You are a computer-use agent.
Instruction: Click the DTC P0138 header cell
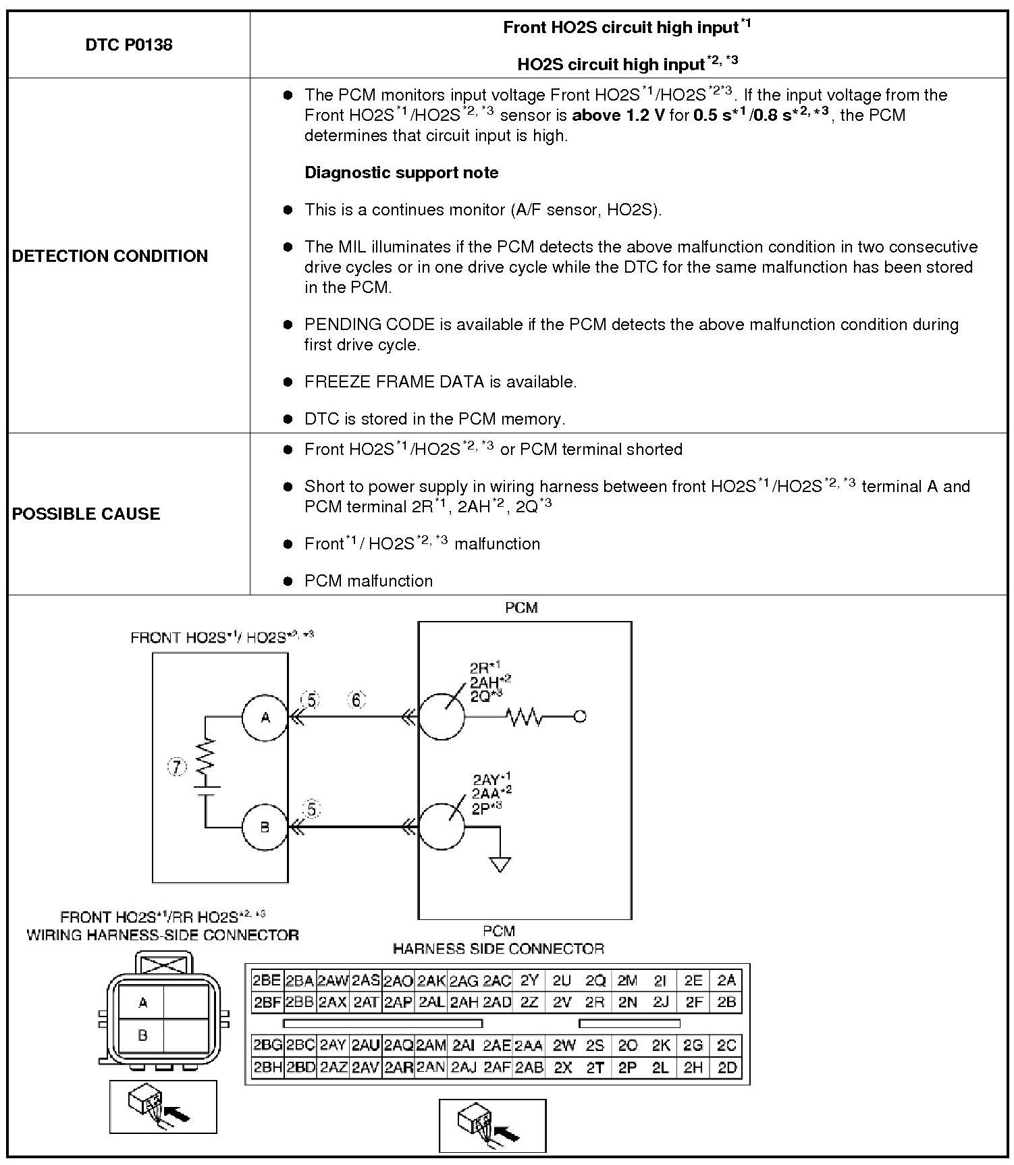[x=129, y=45]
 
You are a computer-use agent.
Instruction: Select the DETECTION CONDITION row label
[x=110, y=256]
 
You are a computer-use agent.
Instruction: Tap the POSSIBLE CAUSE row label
[x=86, y=514]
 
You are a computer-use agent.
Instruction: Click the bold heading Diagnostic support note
[x=401, y=173]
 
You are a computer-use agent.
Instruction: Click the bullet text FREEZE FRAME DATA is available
[x=440, y=382]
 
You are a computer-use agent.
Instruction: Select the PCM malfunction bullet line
[x=368, y=581]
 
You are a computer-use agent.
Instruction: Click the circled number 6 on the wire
[x=356, y=701]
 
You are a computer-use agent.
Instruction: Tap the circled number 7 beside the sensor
[x=177, y=767]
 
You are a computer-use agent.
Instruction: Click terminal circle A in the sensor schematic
[x=265, y=717]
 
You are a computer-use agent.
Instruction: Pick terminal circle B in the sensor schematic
[x=265, y=827]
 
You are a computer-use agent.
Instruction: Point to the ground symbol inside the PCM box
[x=500, y=865]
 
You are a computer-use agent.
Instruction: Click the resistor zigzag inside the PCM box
[x=524, y=717]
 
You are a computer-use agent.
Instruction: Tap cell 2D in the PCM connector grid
[x=726, y=1068]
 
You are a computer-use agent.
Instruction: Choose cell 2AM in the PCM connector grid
[x=431, y=1046]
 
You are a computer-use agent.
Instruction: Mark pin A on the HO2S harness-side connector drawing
[x=142, y=1003]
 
